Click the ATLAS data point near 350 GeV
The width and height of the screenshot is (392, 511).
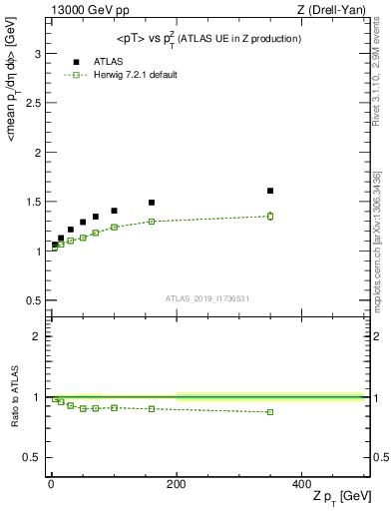[x=270, y=191]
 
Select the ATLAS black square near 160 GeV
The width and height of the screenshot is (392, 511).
[x=152, y=203]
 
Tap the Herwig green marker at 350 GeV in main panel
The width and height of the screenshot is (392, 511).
[x=270, y=216]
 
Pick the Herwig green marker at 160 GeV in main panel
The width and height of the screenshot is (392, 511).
[x=152, y=222]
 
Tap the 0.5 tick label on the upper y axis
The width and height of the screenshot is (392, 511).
[x=34, y=300]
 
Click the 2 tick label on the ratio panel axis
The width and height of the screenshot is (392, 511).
[x=40, y=336]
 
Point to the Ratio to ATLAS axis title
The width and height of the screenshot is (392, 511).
[x=14, y=396]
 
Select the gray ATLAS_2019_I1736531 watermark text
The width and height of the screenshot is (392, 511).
[x=206, y=298]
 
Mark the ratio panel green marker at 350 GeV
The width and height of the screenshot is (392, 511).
[x=270, y=412]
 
